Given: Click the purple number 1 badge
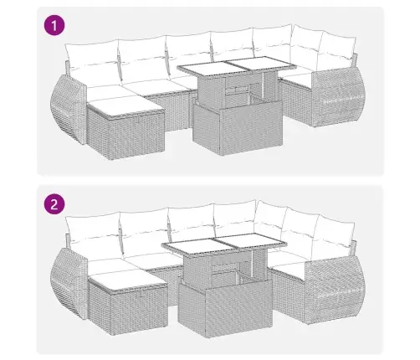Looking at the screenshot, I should tap(54, 27).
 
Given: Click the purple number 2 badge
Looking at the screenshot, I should tap(54, 203).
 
